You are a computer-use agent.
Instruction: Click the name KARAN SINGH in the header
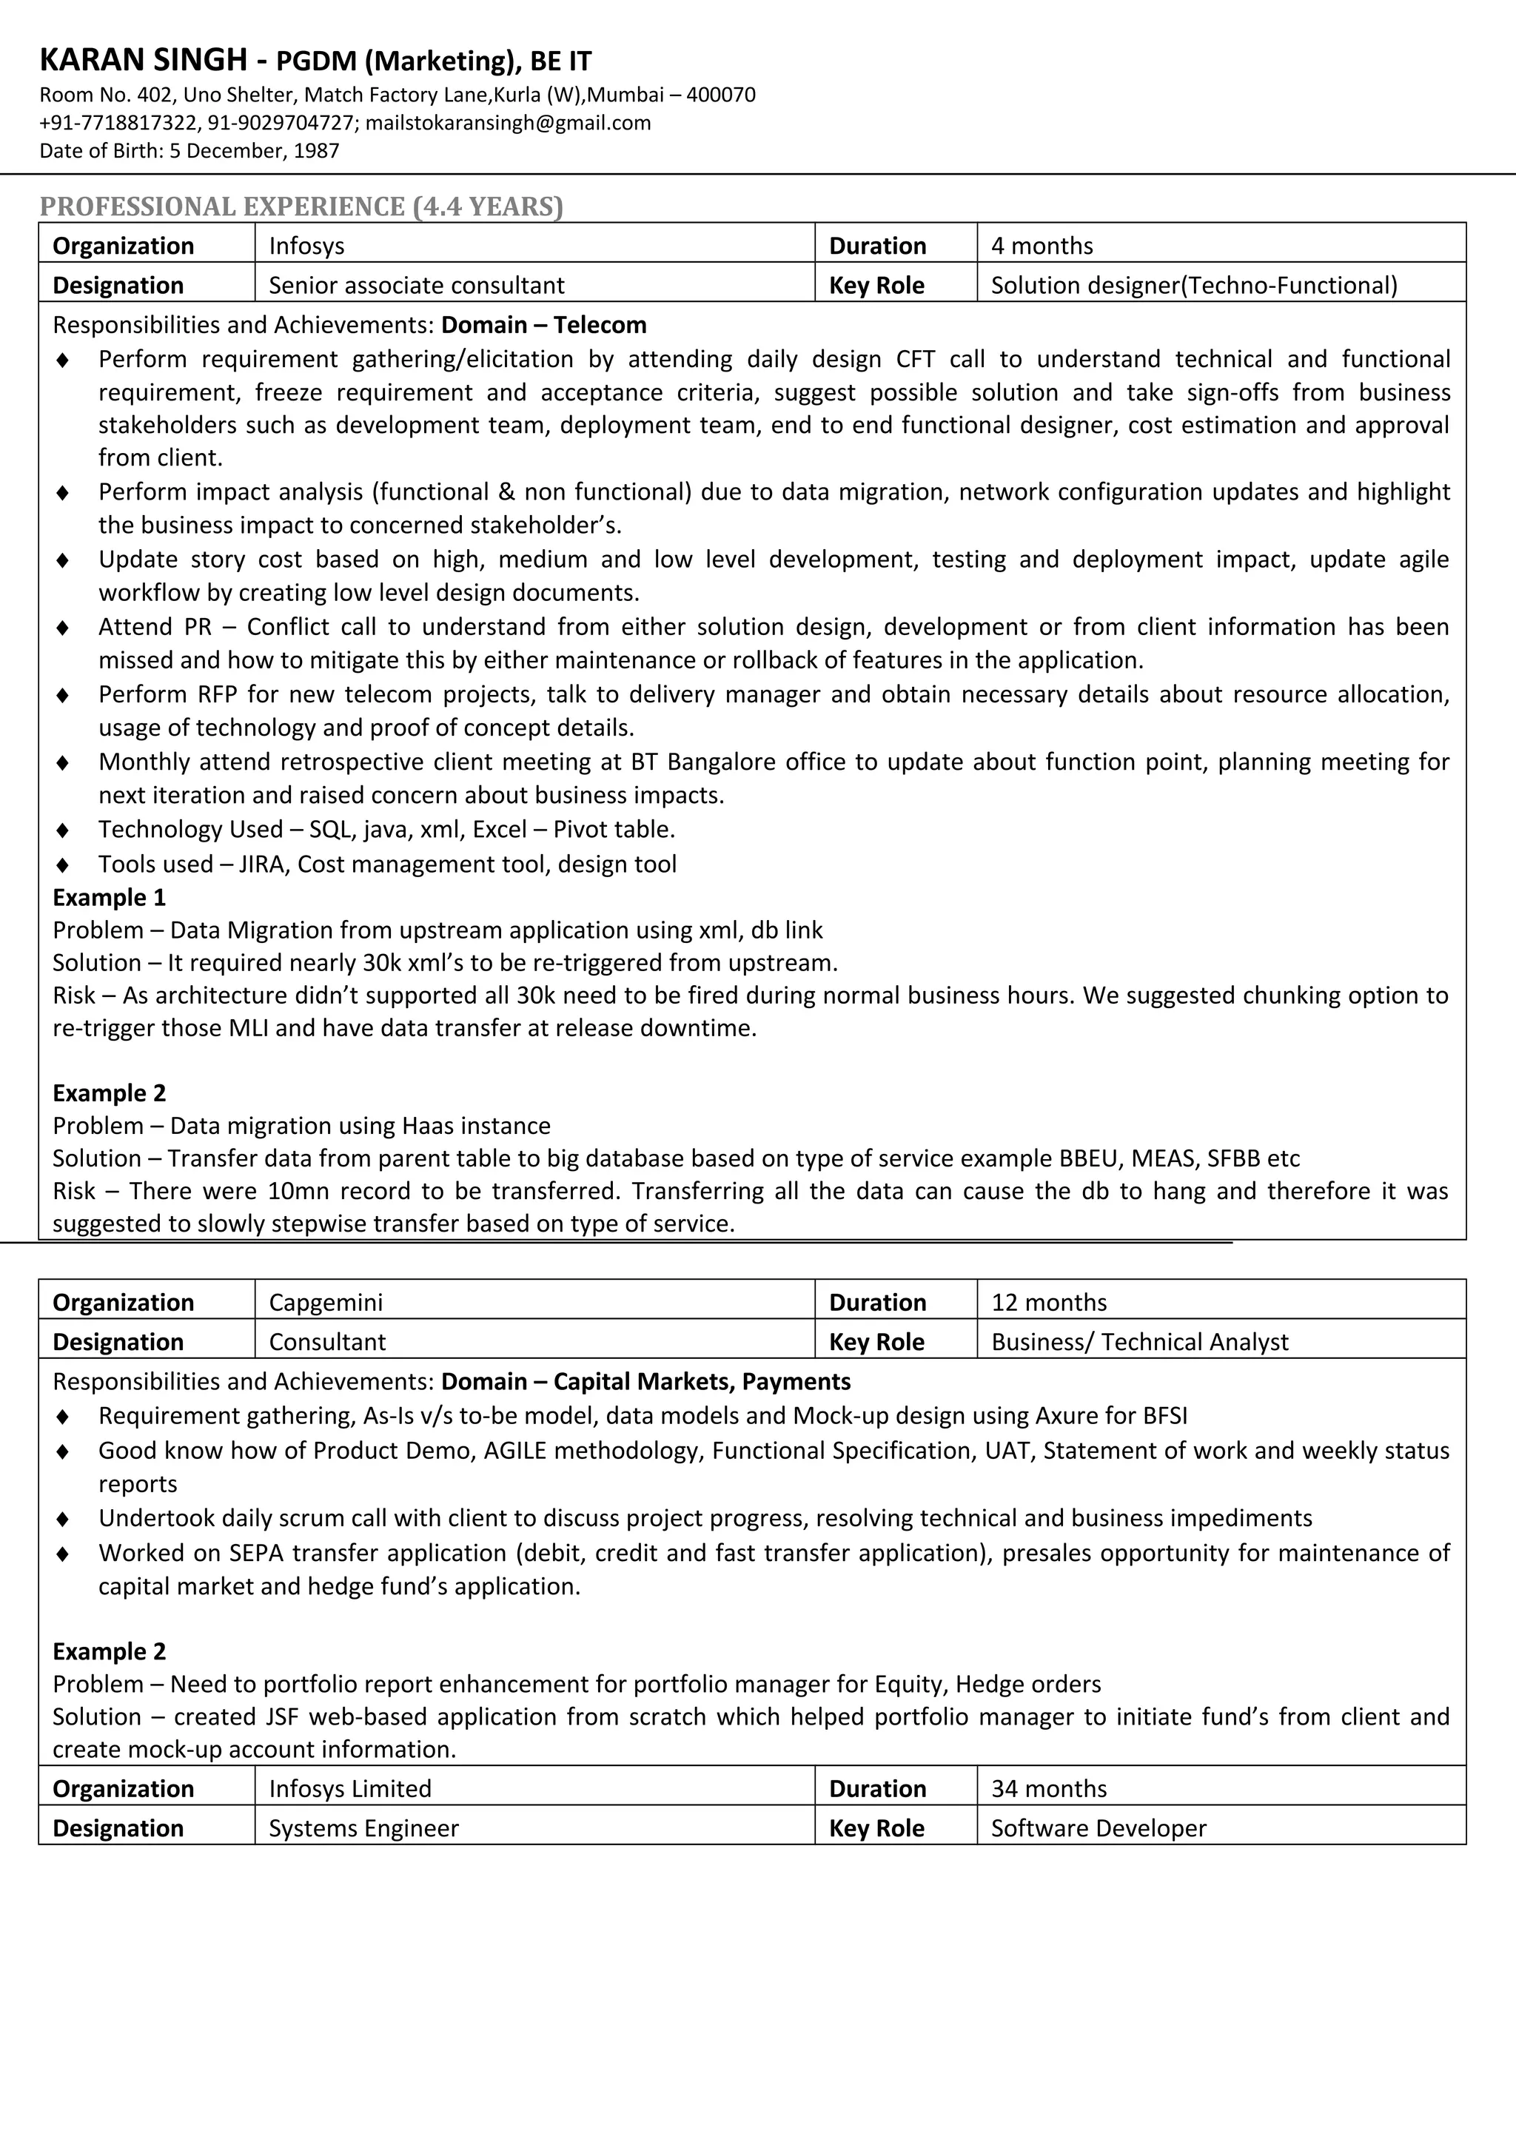tap(143, 61)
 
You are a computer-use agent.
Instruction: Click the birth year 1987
tap(316, 150)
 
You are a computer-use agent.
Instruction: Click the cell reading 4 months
tap(1042, 246)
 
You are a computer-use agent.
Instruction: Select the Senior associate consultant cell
tap(417, 285)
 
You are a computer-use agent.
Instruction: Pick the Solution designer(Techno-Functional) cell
tap(1194, 285)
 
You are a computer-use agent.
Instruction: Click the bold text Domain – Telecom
tap(543, 325)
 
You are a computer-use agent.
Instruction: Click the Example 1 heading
tap(110, 898)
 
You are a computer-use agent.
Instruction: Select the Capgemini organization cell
tap(326, 1303)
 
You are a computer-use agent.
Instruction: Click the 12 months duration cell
tap(1048, 1303)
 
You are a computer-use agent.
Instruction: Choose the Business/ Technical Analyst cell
tap(1139, 1343)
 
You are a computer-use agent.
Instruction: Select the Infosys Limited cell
tap(350, 1789)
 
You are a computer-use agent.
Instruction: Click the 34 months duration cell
tap(1048, 1789)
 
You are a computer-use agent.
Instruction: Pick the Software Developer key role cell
tap(1099, 1828)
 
